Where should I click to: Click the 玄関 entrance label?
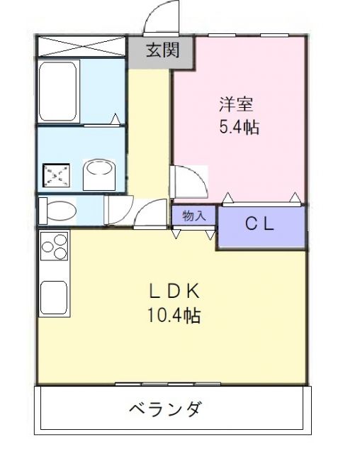162,50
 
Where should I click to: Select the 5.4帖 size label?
237,129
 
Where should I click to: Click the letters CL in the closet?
259,225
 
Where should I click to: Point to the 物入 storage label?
193,216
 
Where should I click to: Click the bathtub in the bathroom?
59,92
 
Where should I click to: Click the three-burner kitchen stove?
54,250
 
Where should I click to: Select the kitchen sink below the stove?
54,297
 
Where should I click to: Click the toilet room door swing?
116,211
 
